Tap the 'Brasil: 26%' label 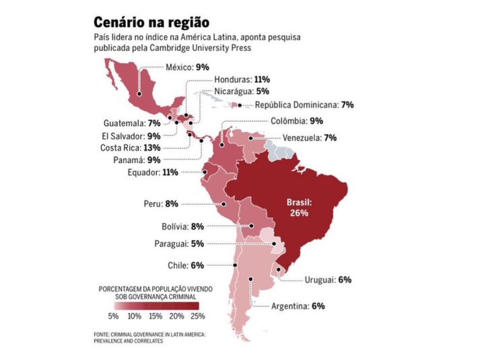click(298, 207)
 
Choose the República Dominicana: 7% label click(304, 105)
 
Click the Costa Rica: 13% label click(130, 147)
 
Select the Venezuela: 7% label click(309, 138)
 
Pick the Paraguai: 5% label click(179, 244)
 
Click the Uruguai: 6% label click(328, 280)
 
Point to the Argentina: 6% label click(298, 306)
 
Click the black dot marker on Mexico click(139, 95)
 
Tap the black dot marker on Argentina click(251, 279)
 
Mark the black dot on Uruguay click(278, 270)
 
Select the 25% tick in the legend click(198, 316)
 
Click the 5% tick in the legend click(113, 316)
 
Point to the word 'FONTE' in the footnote click(101, 334)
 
